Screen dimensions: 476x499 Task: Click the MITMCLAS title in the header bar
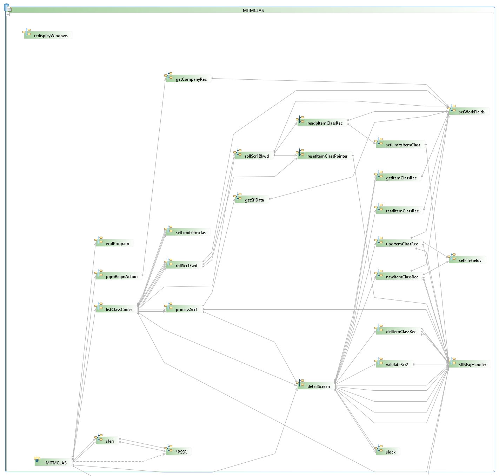pyautogui.click(x=253, y=10)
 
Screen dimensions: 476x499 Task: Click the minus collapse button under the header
pyautogui.click(x=8, y=14)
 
